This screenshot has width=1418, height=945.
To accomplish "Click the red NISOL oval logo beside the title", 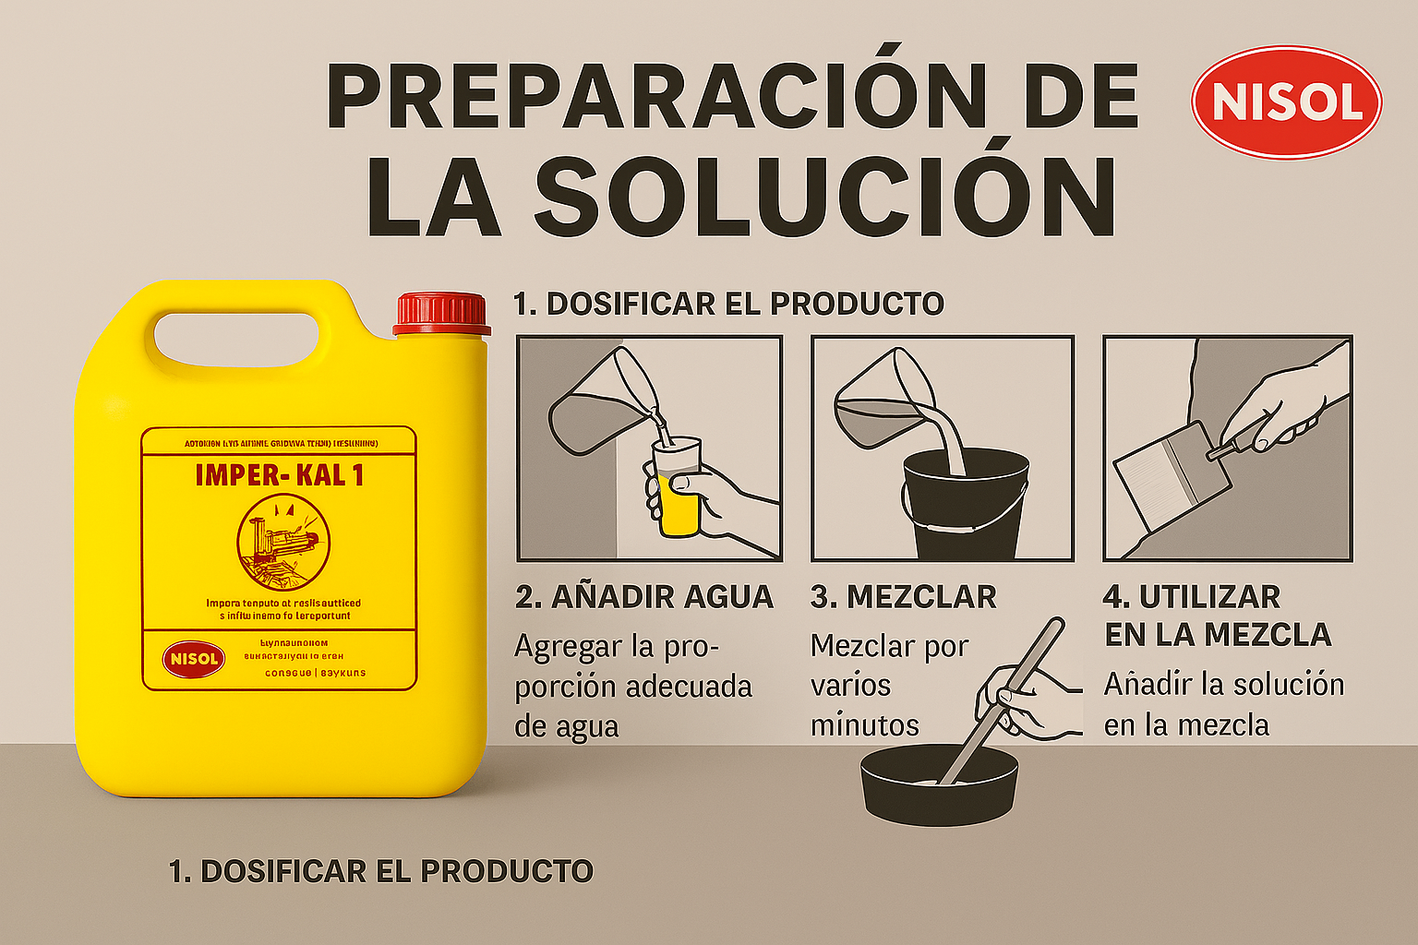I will pos(1286,102).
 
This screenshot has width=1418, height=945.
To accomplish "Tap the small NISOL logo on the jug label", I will pos(194,659).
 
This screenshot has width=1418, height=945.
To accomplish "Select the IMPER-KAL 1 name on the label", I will pos(279,475).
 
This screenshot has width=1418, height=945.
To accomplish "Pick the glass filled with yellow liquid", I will pos(678,489).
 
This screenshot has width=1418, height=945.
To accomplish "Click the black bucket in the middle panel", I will pos(964,503).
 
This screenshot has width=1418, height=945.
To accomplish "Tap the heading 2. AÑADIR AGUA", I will pos(643,597).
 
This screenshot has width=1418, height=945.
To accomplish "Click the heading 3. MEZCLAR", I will pos(903,597).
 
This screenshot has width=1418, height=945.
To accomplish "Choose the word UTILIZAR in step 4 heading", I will pos(1209,597).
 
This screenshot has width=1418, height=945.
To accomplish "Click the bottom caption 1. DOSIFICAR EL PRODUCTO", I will pos(380,871).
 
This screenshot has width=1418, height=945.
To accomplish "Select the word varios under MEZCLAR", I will pos(850,686).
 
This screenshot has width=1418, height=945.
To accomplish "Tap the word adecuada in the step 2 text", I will pos(689,688).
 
